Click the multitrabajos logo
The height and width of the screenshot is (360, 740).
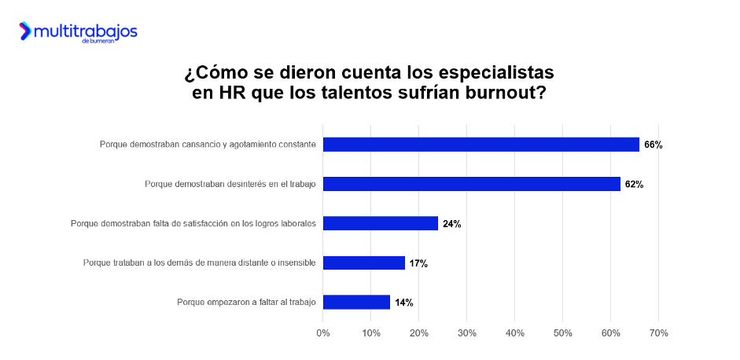coord(78,32)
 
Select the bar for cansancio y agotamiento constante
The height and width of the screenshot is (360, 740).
coord(480,145)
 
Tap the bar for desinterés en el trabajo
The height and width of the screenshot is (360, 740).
coord(471,184)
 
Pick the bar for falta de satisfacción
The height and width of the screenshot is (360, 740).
coord(380,223)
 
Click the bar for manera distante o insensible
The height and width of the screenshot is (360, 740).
coord(363,263)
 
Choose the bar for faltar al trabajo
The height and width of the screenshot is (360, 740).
coord(356,302)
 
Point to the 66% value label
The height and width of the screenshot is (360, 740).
coord(653,145)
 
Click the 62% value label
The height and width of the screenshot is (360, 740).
coord(634,184)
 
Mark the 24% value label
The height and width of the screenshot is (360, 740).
coord(451,223)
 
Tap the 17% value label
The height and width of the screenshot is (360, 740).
coord(418,263)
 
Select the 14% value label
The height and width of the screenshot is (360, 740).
coord(403,303)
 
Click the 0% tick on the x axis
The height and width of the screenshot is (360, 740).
coord(322,333)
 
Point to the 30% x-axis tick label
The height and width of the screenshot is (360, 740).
coord(466,333)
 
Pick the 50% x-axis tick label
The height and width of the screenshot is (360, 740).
coord(562,333)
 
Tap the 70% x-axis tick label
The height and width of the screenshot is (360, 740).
coord(658,333)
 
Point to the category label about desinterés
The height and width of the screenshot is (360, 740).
coord(230,184)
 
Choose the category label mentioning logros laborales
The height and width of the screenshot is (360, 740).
coord(193,223)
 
